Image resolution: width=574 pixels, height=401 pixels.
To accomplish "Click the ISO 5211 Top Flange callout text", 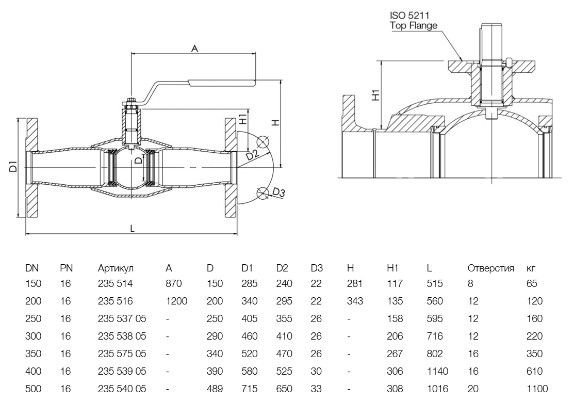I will (x=413, y=20).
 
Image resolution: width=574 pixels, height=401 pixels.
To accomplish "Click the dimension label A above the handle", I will (x=194, y=49).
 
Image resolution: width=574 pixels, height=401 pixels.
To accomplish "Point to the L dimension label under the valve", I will (x=132, y=229).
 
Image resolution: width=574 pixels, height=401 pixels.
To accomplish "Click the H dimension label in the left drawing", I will (x=275, y=122).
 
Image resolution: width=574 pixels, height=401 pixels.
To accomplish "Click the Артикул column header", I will (x=116, y=268).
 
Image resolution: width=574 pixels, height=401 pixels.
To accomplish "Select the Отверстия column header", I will (x=490, y=268).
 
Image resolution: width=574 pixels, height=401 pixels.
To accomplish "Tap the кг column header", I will (x=531, y=268).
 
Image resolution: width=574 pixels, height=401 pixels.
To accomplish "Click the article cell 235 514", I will (x=115, y=284).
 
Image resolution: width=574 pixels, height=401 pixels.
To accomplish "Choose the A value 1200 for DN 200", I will (x=176, y=301).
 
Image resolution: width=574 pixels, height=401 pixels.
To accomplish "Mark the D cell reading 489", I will (x=215, y=389).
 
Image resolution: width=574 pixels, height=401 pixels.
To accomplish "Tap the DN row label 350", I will (x=33, y=354).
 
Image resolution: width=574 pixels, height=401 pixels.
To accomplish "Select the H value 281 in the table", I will (x=355, y=284).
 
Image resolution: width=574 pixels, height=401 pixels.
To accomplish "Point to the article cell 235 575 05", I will (x=122, y=354).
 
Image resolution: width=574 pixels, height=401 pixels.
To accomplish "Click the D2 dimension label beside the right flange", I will (x=252, y=155).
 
